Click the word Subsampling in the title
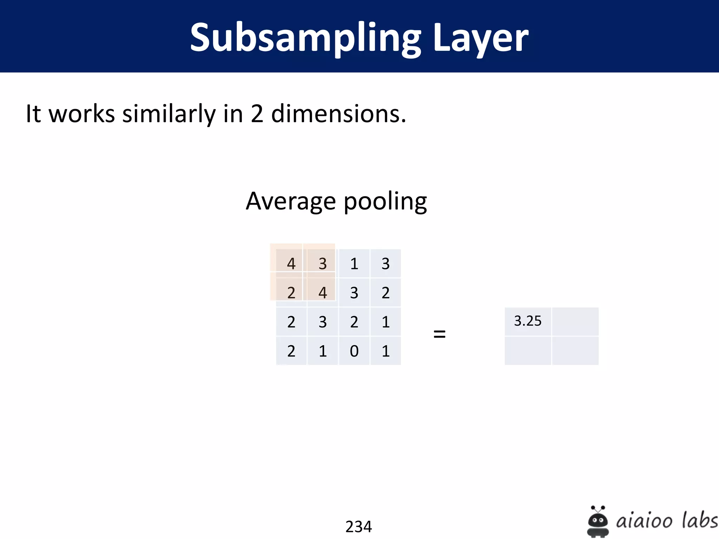point(305,38)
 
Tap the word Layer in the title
point(481,38)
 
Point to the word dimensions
point(338,114)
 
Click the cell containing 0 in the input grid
point(354,351)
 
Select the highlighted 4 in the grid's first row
point(291,264)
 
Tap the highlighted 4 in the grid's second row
point(322,293)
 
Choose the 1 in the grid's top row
point(354,264)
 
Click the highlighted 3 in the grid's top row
point(322,264)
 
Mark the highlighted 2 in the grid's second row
point(291,293)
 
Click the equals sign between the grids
point(439,334)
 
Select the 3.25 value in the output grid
point(528,321)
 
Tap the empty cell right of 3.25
point(575,321)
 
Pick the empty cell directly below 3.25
point(528,351)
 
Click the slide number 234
point(358,526)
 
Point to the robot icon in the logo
point(598,521)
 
